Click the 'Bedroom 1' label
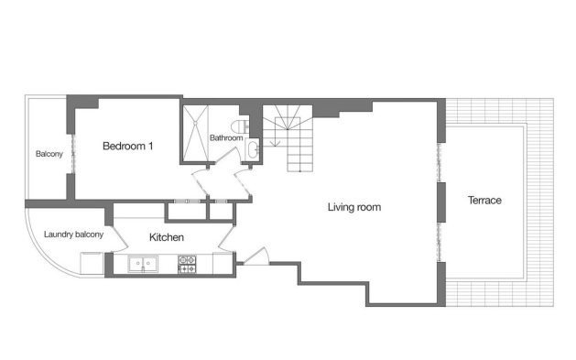click(127, 147)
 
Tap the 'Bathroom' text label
click(225, 138)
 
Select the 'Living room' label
click(353, 207)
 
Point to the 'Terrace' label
click(484, 200)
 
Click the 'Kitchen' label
click(167, 238)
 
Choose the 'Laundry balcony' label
click(73, 235)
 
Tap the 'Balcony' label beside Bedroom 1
click(49, 154)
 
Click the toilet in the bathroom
click(242, 125)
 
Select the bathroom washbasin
click(252, 151)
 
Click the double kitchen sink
click(142, 264)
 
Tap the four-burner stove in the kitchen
click(187, 264)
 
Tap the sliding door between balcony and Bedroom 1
click(71, 151)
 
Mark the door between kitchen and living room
click(226, 243)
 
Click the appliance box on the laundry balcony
click(92, 263)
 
